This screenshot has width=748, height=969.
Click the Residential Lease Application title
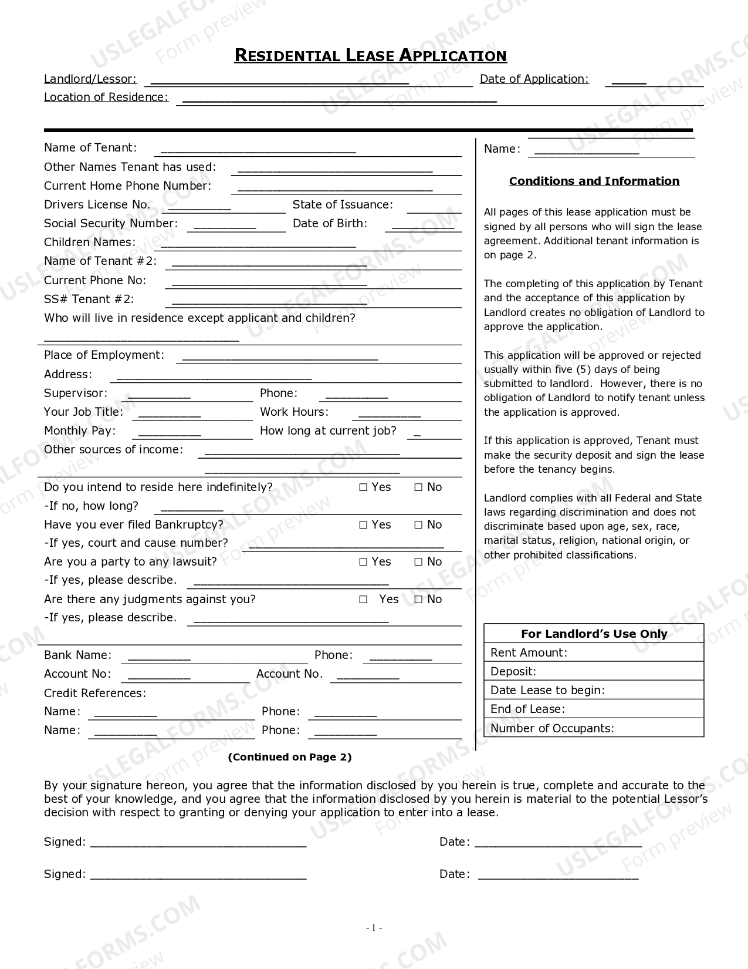click(x=370, y=56)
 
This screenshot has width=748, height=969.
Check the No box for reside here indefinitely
click(x=418, y=487)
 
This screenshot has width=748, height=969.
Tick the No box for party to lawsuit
click(x=418, y=562)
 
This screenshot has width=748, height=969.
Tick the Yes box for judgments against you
click(x=363, y=600)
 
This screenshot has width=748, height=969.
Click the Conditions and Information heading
click(x=594, y=181)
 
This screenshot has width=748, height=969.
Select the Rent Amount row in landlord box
click(x=593, y=652)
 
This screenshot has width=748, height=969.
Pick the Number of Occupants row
click(x=593, y=728)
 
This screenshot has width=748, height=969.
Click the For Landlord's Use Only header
click(x=594, y=634)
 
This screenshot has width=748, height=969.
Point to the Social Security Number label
click(x=110, y=224)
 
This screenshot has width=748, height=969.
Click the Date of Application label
click(x=534, y=79)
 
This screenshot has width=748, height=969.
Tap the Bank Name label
click(x=77, y=655)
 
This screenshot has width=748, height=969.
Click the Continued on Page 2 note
click(x=289, y=757)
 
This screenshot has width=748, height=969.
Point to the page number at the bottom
click(x=373, y=928)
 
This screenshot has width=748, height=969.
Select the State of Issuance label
click(x=343, y=205)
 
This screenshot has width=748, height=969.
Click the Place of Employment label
click(x=104, y=355)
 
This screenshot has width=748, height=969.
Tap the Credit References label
click(x=94, y=693)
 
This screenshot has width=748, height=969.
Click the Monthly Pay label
click(x=80, y=431)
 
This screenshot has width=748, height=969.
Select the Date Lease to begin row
click(x=593, y=690)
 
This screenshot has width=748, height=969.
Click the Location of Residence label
click(x=106, y=97)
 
